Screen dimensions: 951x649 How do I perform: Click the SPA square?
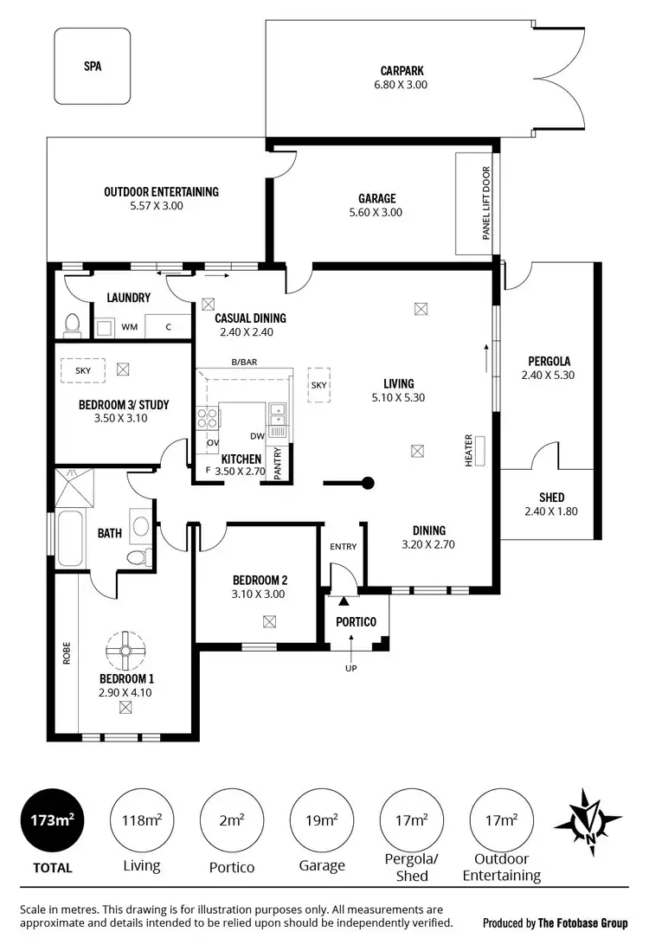point(93,66)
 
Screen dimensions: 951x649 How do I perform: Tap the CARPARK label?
point(402,71)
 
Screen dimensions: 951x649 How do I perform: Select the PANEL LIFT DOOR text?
point(485,203)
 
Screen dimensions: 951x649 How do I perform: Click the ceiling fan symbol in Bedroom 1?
point(125,648)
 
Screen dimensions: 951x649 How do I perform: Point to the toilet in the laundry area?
point(73,324)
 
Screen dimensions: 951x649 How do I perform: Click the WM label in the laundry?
point(129,327)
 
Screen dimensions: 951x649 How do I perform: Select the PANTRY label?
point(278,461)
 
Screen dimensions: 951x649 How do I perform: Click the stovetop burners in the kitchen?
point(209,419)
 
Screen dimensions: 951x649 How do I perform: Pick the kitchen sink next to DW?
point(278,418)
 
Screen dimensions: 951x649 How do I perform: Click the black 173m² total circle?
point(52,819)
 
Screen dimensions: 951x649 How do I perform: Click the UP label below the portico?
point(351,667)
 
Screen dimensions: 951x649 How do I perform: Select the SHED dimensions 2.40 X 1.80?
point(550,511)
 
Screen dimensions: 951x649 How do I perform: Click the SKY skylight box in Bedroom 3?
point(83,369)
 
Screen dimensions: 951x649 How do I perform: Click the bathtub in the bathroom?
point(68,539)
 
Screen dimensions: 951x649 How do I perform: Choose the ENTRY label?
point(343,546)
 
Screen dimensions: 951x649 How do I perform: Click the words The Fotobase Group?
point(582,923)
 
